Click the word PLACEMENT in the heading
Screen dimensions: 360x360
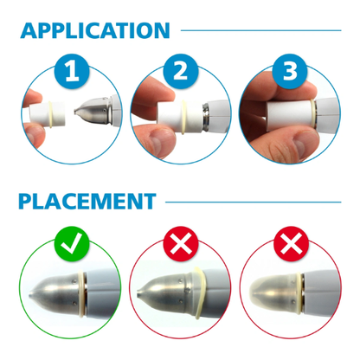coord(87,202)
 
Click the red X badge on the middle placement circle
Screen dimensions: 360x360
coord(179,245)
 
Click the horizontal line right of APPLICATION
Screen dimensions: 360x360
coord(260,31)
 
